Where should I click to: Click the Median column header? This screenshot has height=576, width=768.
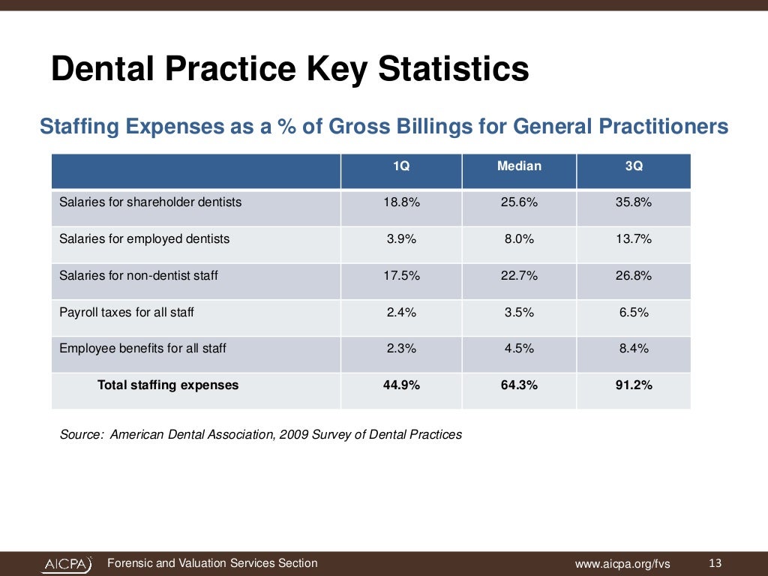519,166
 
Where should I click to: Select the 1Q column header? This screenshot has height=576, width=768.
401,166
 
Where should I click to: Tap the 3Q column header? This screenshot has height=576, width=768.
634,166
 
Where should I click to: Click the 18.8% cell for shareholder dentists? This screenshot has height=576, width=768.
401,202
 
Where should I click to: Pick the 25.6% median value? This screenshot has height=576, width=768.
519,202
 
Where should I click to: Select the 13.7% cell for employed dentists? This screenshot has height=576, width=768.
634,239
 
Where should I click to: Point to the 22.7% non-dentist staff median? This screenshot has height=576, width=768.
519,276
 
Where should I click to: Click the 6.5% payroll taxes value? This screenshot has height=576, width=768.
634,313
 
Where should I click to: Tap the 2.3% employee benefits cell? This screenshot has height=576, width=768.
401,349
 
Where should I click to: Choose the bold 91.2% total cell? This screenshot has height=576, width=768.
634,385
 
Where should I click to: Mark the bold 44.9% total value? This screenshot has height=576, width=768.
401,385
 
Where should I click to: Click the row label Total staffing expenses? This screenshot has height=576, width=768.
168,385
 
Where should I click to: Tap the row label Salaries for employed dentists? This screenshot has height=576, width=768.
144,239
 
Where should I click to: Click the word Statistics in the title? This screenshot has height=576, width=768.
453,70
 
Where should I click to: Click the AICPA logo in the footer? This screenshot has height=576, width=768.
67,564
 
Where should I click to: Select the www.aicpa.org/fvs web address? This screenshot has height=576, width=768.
622,564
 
